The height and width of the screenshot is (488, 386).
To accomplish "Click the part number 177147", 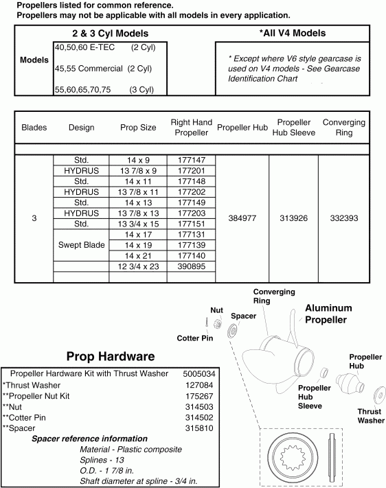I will (191, 160).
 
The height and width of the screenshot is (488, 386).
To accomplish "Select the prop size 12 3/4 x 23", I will (138, 266).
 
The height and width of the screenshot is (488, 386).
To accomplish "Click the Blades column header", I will (34, 128).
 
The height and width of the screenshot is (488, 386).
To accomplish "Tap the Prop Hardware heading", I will (110, 356).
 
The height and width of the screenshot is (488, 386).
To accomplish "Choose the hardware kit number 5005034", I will (199, 373).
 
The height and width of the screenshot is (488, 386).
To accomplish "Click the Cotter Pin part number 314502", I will (199, 417).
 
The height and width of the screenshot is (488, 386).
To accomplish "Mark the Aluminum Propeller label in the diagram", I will (328, 314).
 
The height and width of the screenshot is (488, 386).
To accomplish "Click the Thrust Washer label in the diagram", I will (370, 416).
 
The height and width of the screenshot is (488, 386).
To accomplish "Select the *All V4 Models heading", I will (292, 33).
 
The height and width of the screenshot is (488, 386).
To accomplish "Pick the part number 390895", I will (191, 266).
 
